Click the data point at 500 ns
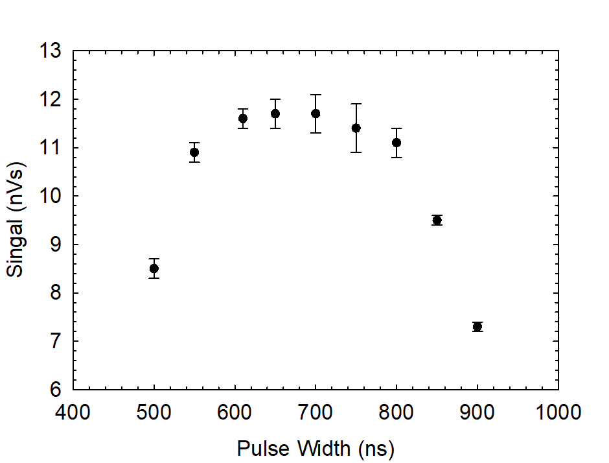coord(154,268)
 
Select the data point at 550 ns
coord(194,152)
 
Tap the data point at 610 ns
coord(243,118)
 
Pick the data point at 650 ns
coord(275,113)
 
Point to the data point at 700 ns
coord(316,113)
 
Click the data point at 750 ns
coord(356,128)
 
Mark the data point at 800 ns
coord(396,143)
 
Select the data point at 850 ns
coord(437,220)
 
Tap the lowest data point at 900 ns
coord(477,327)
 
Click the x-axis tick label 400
coord(73,412)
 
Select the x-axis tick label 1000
coord(558,412)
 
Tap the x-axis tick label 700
coord(316,412)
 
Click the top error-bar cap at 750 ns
coord(356,104)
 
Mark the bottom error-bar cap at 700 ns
coord(316,133)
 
